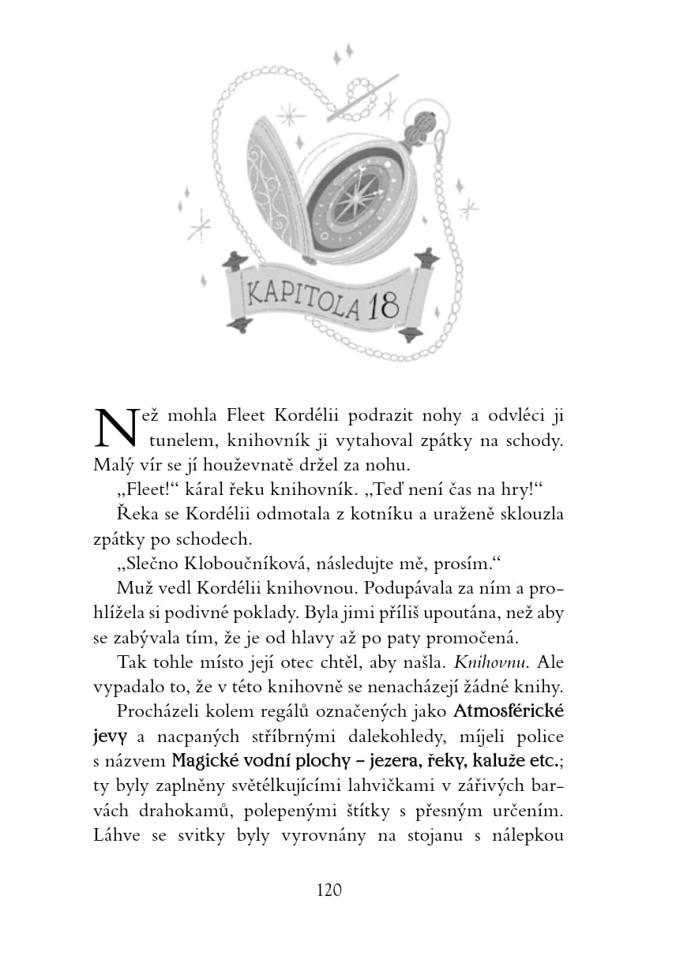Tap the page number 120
point(329,890)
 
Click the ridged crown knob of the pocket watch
point(419,126)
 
